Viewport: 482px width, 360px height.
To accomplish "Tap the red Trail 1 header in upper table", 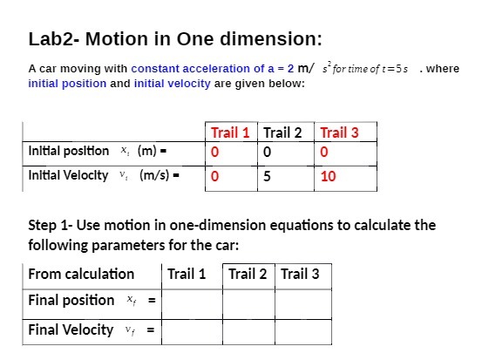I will click(231, 132).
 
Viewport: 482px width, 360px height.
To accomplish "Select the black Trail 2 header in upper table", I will click(282, 132).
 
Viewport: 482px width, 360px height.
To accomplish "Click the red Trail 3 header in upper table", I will click(339, 132).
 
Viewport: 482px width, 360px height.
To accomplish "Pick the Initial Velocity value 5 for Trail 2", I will click(267, 176).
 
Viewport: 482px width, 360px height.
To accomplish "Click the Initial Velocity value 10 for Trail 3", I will click(329, 176).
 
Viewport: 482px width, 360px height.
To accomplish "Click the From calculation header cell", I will click(81, 274).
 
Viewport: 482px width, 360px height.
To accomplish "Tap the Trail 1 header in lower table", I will click(187, 274).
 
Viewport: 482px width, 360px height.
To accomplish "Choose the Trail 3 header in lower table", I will click(300, 274).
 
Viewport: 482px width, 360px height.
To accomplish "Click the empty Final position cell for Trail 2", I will click(248, 301).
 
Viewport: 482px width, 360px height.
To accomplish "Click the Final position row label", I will click(71, 301).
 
